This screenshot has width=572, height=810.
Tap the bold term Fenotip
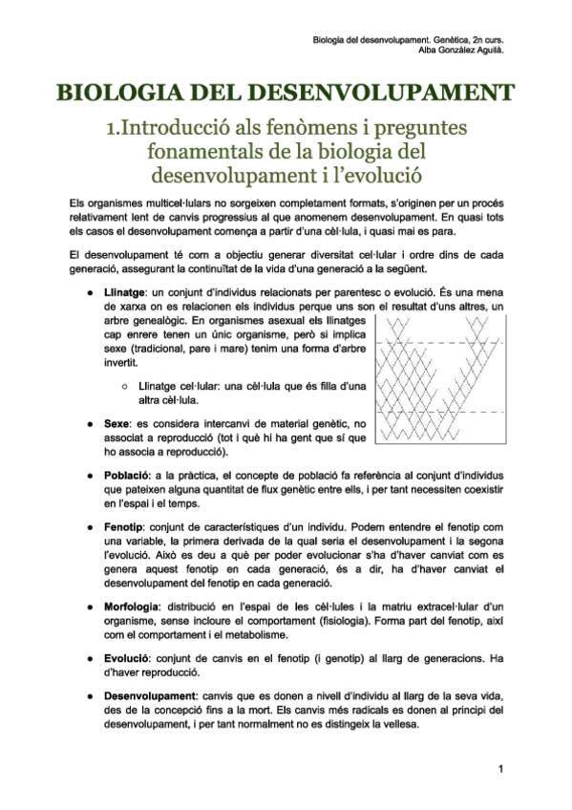tap(124, 528)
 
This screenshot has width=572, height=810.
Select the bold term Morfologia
tap(133, 607)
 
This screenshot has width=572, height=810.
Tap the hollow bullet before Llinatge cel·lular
tap(126, 384)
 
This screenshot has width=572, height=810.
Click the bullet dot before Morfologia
tap(89, 607)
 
